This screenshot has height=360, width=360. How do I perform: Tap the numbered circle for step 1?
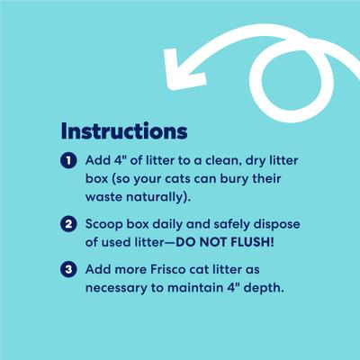[x=67, y=161]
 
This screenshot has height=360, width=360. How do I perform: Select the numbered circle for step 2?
[x=67, y=224]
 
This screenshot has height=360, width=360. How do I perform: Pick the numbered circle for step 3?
[x=67, y=269]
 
